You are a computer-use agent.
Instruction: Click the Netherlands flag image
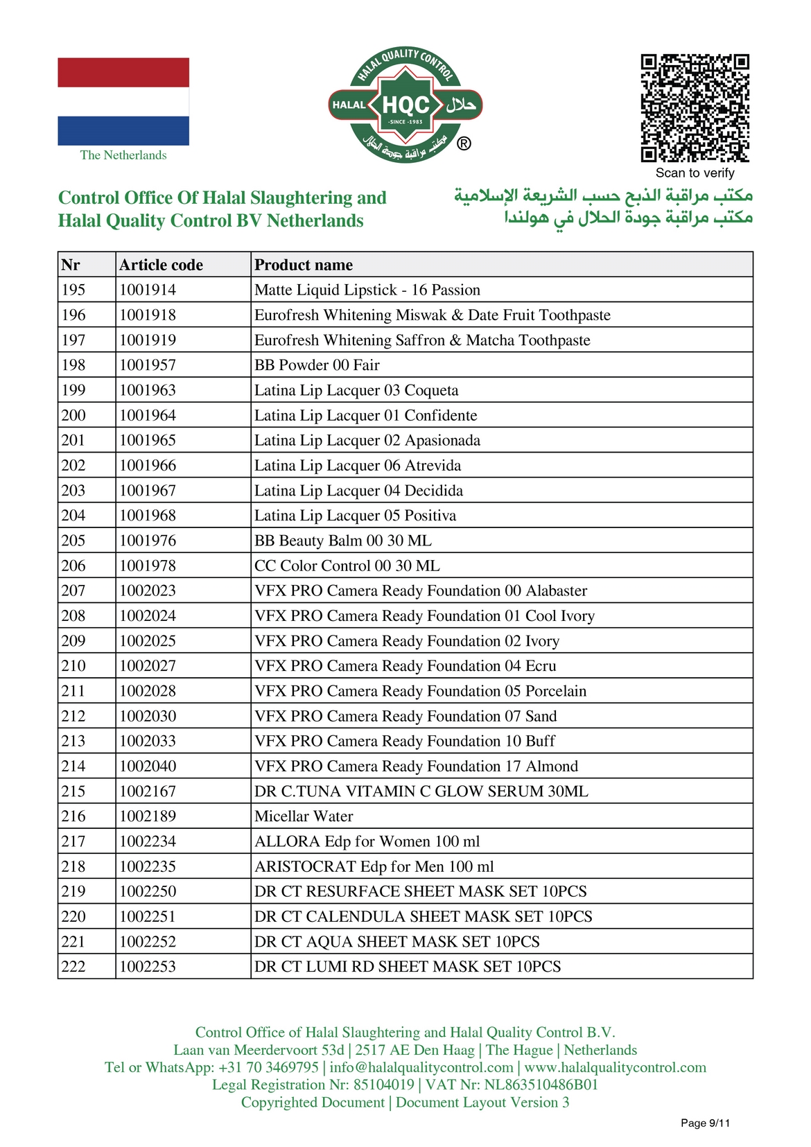point(123,101)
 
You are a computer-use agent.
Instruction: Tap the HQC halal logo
point(405,105)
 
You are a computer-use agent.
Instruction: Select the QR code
point(695,107)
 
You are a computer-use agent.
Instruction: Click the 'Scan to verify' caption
point(695,173)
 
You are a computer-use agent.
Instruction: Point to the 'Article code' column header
point(161,265)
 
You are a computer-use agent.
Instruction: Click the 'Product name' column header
point(304,265)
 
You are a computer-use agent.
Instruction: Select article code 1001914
point(148,290)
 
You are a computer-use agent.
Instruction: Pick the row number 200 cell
point(74,415)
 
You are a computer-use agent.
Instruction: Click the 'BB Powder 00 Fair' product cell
point(317,365)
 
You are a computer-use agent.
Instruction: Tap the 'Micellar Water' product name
point(304,816)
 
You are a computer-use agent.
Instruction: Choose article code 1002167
point(148,791)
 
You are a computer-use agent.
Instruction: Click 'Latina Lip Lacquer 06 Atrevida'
point(358,466)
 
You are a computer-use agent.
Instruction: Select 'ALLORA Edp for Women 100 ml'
point(367,841)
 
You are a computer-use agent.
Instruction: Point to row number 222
point(74,967)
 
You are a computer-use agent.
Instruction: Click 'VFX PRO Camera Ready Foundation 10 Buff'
point(405,741)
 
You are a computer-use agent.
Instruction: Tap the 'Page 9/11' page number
point(705,1123)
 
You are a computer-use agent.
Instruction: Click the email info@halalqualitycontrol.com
point(421,1067)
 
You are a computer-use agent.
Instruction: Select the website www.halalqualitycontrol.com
point(615,1067)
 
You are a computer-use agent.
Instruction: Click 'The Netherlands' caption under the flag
point(123,155)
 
